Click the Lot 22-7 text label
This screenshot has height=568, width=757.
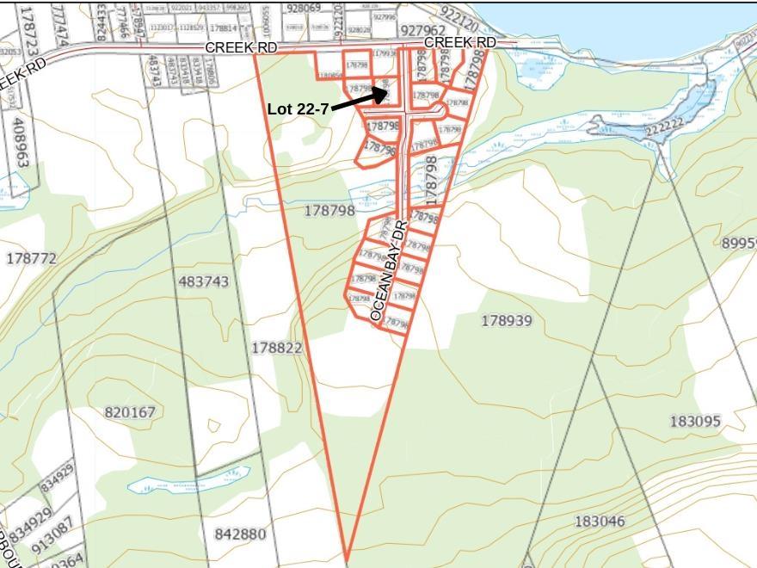pyautogui.click(x=298, y=109)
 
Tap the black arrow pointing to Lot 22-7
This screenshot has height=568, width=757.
pyautogui.click(x=360, y=100)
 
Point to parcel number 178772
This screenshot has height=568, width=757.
pyautogui.click(x=31, y=258)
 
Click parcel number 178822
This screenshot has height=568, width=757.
pyautogui.click(x=277, y=348)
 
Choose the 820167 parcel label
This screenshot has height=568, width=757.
pyautogui.click(x=130, y=412)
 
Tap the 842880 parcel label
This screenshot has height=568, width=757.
pyautogui.click(x=240, y=534)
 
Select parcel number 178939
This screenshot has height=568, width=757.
pyautogui.click(x=506, y=321)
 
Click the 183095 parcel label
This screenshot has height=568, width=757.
pyautogui.click(x=695, y=421)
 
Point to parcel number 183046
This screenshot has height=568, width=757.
pyautogui.click(x=600, y=522)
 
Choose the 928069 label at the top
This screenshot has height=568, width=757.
pyautogui.click(x=304, y=8)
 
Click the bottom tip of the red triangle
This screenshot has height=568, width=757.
pyautogui.click(x=346, y=559)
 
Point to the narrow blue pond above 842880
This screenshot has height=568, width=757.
pyautogui.click(x=188, y=479)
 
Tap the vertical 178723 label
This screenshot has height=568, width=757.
pyautogui.click(x=28, y=31)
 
